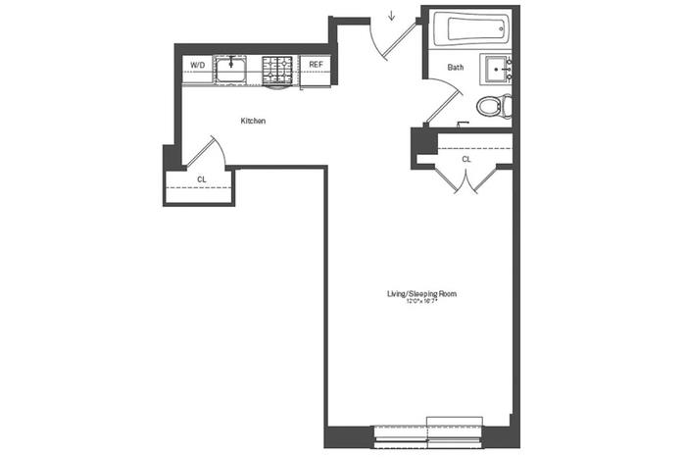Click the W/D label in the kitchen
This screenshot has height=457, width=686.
[197, 65]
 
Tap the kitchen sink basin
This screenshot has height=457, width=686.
[230, 69]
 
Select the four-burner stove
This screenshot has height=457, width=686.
[277, 69]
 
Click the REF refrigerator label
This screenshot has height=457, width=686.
[316, 65]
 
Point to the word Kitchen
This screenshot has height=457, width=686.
[254, 121]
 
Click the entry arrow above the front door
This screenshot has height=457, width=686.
[391, 16]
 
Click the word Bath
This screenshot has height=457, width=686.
[456, 68]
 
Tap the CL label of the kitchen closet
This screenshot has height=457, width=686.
[201, 179]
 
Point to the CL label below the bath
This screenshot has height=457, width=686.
[466, 158]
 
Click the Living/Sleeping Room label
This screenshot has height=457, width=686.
[421, 293]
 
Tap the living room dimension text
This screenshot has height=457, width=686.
[421, 302]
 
